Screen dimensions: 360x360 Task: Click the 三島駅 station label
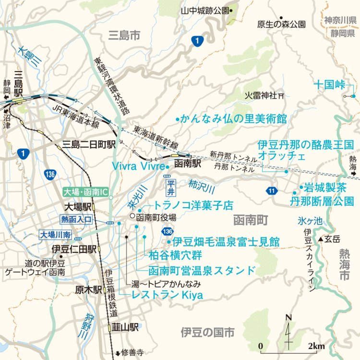19,82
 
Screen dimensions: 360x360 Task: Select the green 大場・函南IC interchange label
86,192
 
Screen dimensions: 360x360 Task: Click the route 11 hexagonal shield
272,191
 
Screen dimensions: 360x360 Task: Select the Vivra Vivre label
137,166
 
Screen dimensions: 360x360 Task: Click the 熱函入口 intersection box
76,220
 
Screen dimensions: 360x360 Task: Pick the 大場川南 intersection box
56,235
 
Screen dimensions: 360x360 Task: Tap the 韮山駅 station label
126,327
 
